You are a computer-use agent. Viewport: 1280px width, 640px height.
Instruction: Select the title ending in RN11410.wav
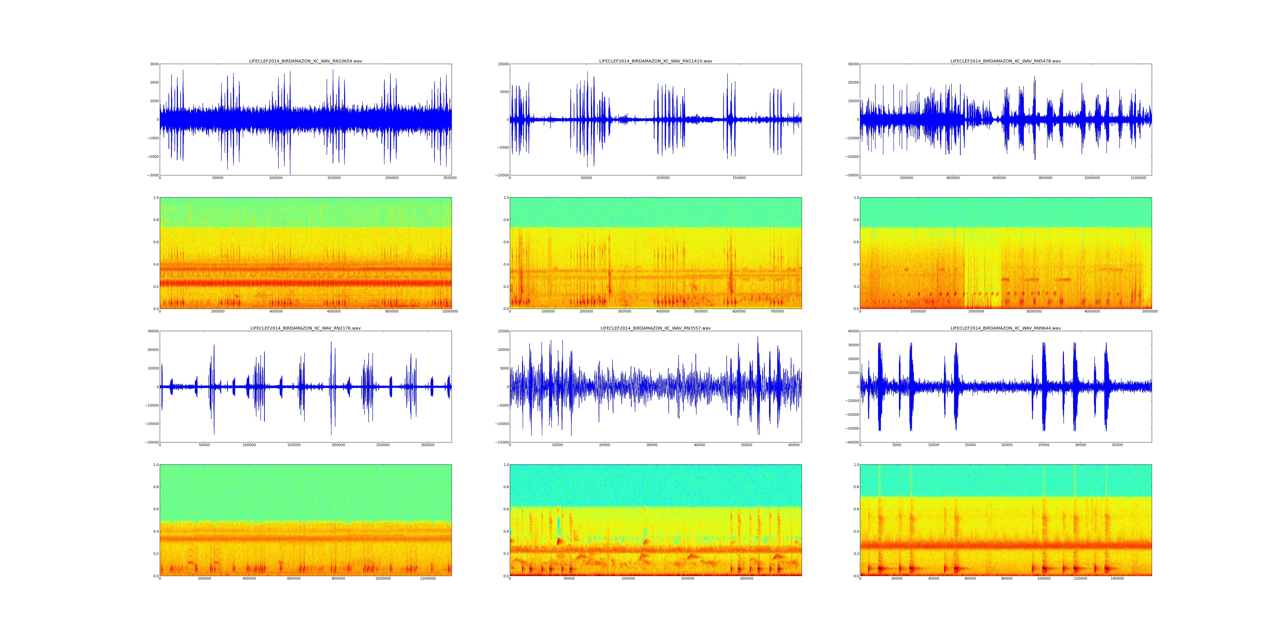point(655,61)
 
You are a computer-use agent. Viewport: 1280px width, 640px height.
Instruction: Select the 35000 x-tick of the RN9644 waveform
point(1117,445)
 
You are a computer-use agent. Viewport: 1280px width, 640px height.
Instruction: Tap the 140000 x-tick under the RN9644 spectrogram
point(1117,578)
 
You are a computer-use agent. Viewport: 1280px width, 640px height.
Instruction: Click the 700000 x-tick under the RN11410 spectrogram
point(777,311)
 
